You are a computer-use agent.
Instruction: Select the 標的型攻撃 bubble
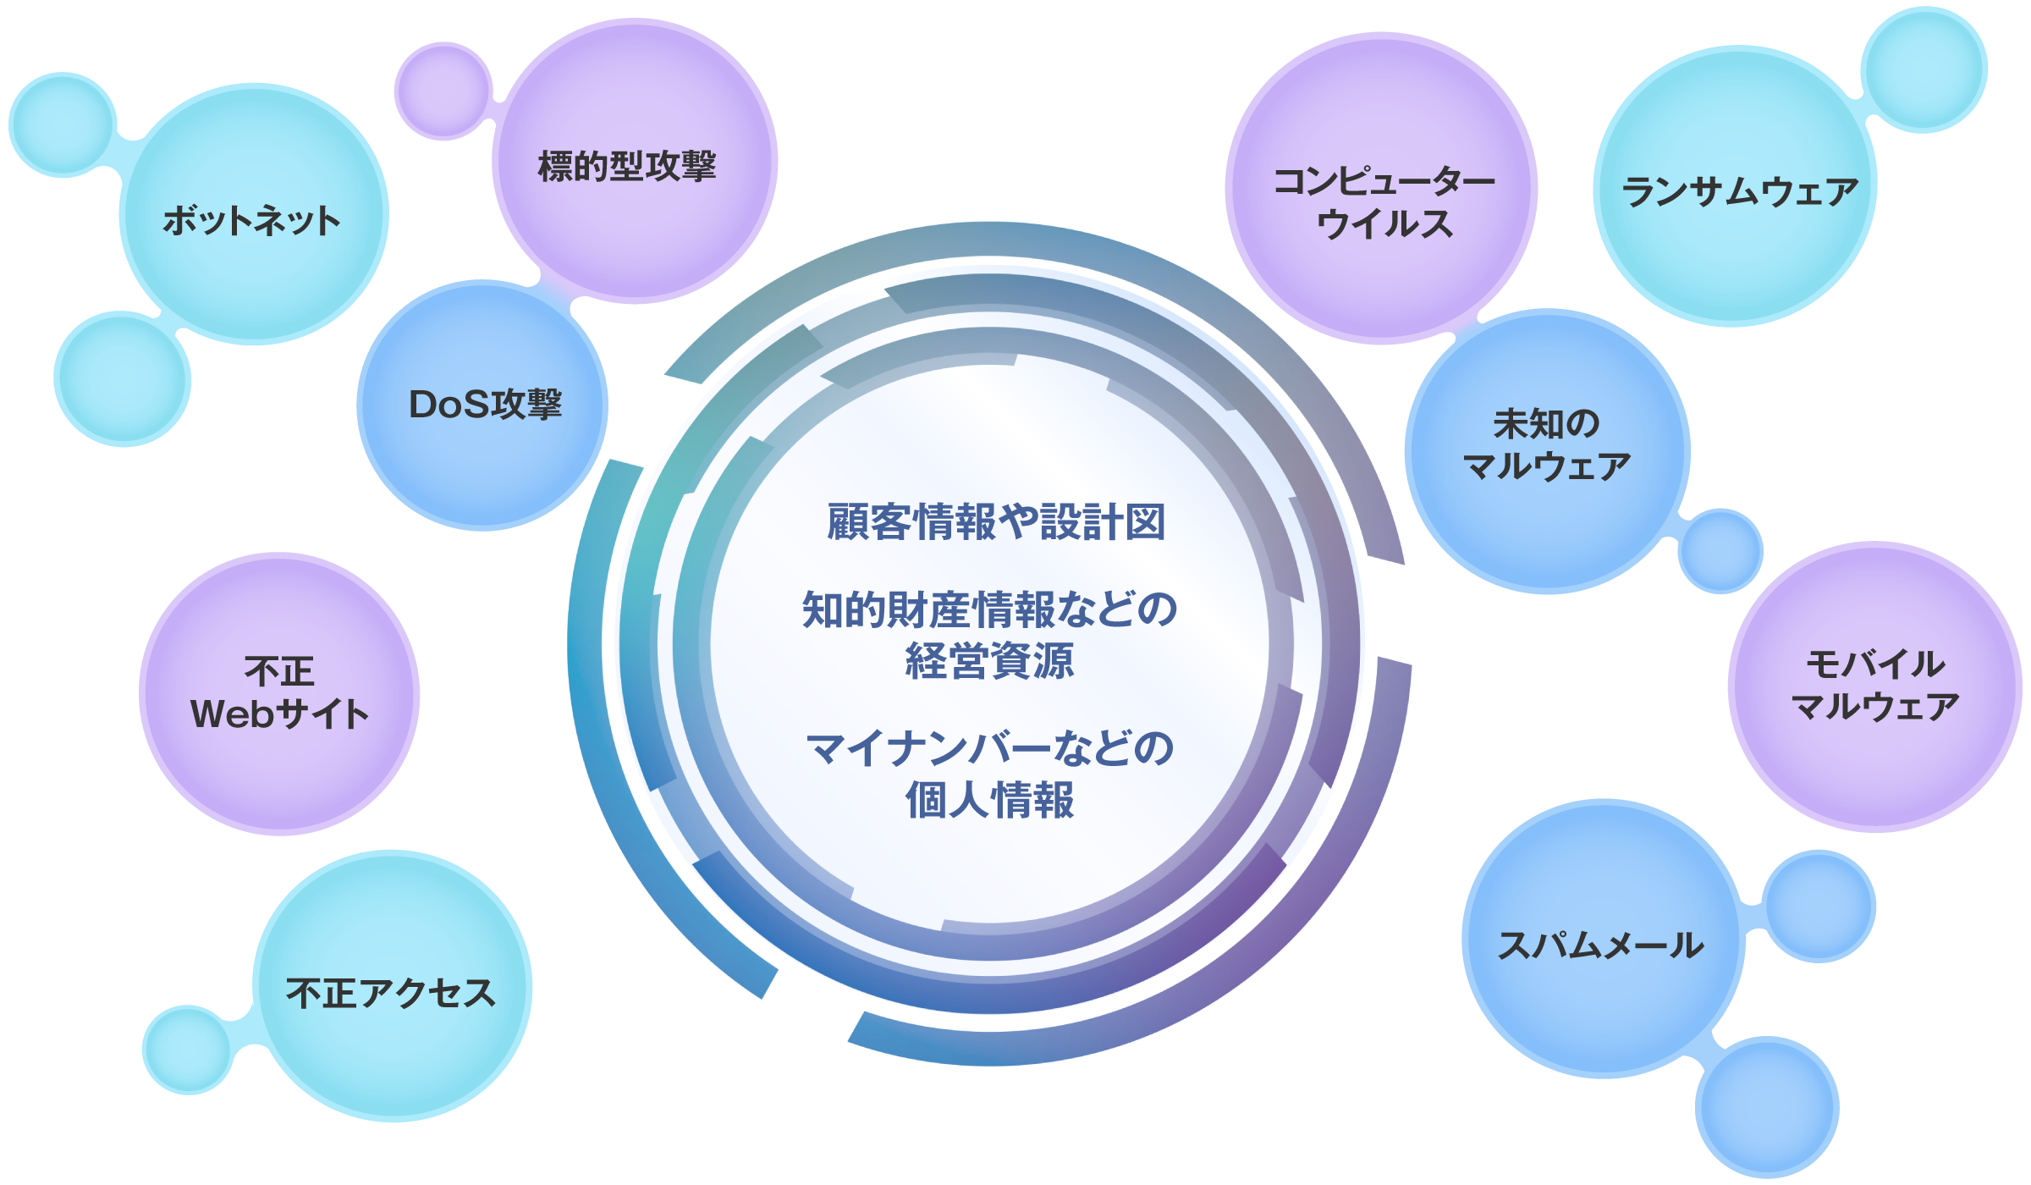click(x=634, y=161)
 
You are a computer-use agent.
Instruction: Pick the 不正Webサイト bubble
click(x=279, y=693)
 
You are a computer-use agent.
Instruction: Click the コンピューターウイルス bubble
click(x=1381, y=189)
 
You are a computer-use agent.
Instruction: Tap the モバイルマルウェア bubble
click(x=1874, y=686)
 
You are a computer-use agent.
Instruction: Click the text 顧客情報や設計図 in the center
click(x=996, y=522)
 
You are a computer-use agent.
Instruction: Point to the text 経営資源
click(x=989, y=662)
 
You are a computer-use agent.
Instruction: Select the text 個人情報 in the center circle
click(x=989, y=801)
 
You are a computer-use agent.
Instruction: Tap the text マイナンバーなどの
click(x=989, y=749)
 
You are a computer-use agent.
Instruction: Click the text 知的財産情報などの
click(x=989, y=610)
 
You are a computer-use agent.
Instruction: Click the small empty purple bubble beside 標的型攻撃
click(x=443, y=91)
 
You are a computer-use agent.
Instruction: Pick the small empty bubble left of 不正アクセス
click(x=188, y=1050)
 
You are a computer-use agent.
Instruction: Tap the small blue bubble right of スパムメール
click(x=1819, y=907)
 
